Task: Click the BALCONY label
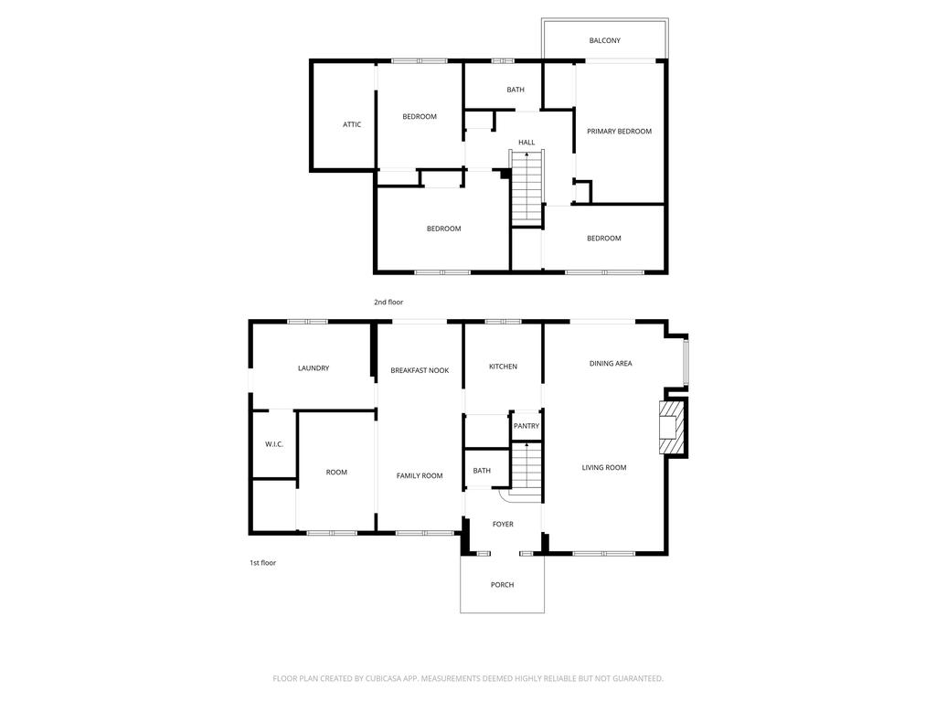(604, 40)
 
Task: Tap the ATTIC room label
(352, 124)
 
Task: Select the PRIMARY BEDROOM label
(619, 132)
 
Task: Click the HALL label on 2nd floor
(526, 143)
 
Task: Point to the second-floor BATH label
(516, 90)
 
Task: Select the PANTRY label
(526, 426)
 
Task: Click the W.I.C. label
(274, 444)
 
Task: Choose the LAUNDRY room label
(314, 368)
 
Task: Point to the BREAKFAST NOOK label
(420, 370)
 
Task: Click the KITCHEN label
(503, 367)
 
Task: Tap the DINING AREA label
(611, 364)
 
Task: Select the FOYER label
(503, 525)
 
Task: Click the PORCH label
(502, 585)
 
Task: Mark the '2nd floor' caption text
(388, 302)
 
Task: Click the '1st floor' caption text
(262, 563)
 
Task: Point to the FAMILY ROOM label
(420, 475)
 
